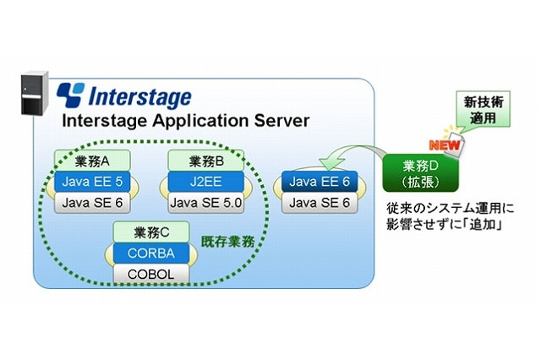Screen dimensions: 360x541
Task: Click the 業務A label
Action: pyautogui.click(x=86, y=160)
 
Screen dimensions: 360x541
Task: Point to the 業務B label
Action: pyautogui.click(x=202, y=160)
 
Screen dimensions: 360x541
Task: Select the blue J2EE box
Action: pyautogui.click(x=204, y=180)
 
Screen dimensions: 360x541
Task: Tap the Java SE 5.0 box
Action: pyautogui.click(x=204, y=201)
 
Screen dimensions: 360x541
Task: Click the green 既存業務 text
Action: pyautogui.click(x=226, y=242)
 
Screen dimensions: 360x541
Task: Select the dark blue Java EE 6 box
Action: pyautogui.click(x=320, y=180)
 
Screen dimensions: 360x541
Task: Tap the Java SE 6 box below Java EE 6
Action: pyautogui.click(x=320, y=201)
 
